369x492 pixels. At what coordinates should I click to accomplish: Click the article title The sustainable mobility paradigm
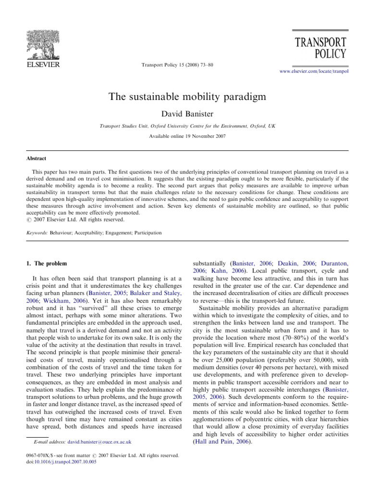pyautogui.click(x=184, y=96)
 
